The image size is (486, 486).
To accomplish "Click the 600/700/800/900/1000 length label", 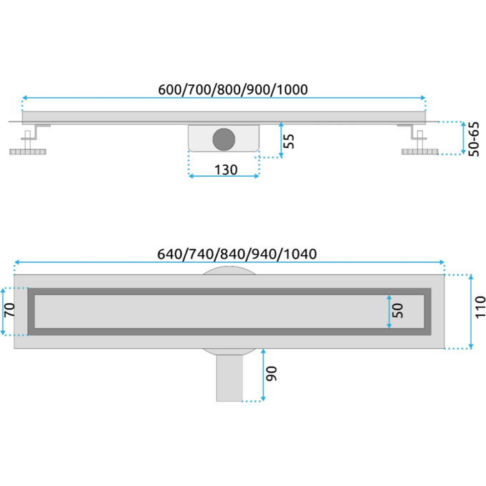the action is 233,89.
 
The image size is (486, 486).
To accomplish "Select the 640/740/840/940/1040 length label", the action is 237,254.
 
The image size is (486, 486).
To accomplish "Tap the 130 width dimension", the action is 226,170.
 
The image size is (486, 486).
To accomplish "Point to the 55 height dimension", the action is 289,141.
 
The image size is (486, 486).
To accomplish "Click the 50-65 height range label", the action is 474,139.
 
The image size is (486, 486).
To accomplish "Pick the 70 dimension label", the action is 9,309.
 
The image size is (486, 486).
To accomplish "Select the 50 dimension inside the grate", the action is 397,311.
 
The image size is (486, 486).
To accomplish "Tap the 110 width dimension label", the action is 480,307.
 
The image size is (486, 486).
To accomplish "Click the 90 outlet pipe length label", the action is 272,374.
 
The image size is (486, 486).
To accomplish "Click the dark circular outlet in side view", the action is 224,139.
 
